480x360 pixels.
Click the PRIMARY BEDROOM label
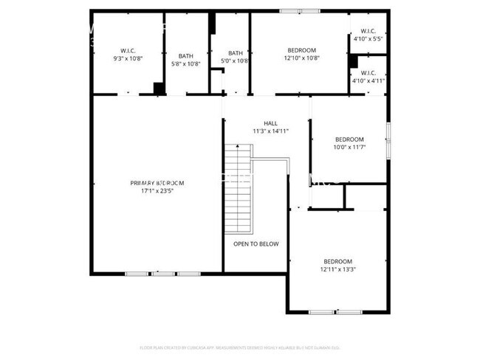tap(157, 183)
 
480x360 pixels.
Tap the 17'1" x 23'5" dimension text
tap(157, 191)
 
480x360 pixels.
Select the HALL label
tap(270, 123)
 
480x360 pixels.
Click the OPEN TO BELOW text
tap(256, 244)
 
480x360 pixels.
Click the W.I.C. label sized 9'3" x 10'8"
tap(128, 50)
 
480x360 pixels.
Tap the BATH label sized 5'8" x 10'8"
tap(185, 54)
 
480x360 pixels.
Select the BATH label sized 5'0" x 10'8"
tap(235, 53)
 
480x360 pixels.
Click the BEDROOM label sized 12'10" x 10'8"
tap(301, 50)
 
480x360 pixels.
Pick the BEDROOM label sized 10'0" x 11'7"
tap(349, 139)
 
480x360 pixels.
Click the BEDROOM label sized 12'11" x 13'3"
tap(337, 261)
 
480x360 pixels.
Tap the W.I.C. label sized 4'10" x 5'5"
tap(368, 31)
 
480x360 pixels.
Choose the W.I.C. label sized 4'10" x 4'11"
tap(368, 72)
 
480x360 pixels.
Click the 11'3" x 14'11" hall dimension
tap(270, 131)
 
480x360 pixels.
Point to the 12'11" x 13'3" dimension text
tap(337, 269)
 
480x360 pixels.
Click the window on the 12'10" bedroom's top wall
tap(301, 11)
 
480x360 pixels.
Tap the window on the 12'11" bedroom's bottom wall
tap(337, 312)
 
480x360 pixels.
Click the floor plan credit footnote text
tap(240, 347)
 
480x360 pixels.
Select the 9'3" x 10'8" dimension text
tap(128, 58)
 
